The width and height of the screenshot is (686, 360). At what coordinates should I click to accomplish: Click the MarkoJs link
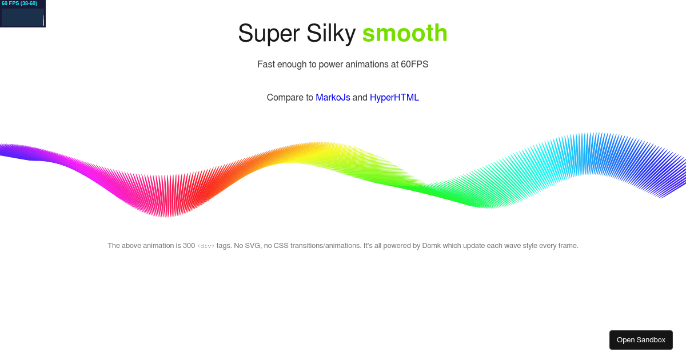pos(333,98)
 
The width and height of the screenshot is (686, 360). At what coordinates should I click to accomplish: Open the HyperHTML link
pos(394,98)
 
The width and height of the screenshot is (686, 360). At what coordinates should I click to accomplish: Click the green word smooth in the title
pos(405,33)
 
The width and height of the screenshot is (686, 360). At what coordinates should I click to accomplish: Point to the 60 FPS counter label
pos(19,3)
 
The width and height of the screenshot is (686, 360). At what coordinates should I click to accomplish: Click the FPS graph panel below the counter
pos(23,17)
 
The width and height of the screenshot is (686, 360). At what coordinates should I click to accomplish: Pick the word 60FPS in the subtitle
pos(414,65)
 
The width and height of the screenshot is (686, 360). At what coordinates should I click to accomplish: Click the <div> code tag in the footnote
pos(206,246)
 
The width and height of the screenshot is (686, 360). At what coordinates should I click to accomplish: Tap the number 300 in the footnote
pos(189,246)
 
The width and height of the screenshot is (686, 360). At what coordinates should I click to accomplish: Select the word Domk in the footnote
pos(432,246)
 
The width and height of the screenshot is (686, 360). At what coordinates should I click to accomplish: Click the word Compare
pos(290,98)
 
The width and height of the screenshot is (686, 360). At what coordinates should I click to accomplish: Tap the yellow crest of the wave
pos(320,151)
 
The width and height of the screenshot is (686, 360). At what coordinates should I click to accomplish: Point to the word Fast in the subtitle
pos(266,65)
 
